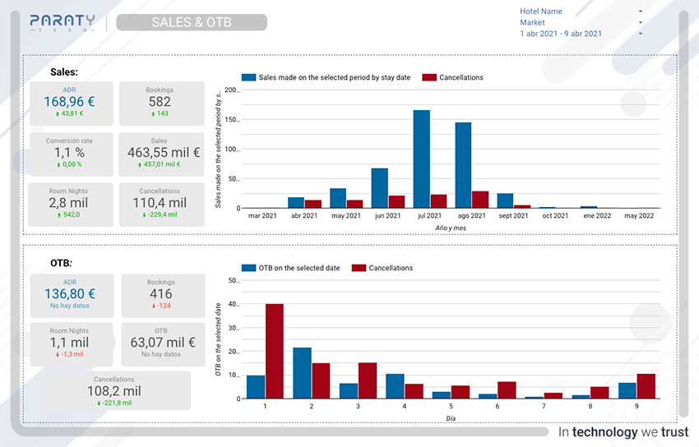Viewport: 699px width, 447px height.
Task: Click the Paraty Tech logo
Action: click(x=62, y=22)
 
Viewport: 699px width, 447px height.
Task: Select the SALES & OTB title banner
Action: click(x=192, y=22)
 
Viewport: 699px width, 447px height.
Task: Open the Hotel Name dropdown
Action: click(x=581, y=12)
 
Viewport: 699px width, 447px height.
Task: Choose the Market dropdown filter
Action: click(x=581, y=23)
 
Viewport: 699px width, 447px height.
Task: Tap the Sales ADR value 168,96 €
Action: click(x=69, y=102)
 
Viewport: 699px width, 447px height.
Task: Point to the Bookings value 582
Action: click(x=160, y=102)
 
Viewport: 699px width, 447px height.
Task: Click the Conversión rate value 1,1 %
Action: click(x=69, y=152)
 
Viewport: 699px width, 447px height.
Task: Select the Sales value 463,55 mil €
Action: click(x=164, y=152)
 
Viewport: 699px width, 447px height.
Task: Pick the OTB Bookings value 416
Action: click(x=161, y=293)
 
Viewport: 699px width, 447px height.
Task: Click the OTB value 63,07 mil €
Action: click(x=161, y=343)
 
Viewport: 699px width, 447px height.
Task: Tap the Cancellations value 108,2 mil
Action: click(x=117, y=391)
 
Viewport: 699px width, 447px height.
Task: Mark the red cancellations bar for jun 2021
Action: click(x=396, y=201)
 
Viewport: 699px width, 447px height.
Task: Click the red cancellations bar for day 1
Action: click(x=274, y=351)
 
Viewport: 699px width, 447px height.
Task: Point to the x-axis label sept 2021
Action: click(x=513, y=216)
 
